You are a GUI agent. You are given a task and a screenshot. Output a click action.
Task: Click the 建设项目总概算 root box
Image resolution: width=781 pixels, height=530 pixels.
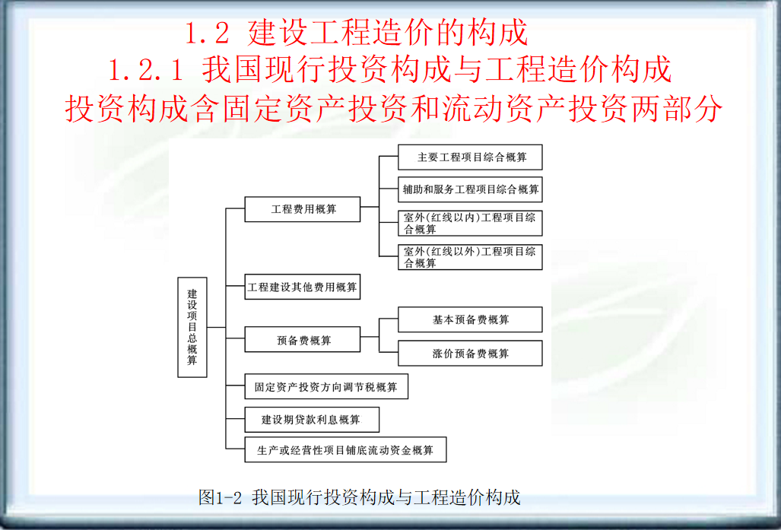pyautogui.click(x=192, y=327)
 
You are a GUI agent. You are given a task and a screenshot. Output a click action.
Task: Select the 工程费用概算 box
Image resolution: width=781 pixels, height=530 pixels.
pyautogui.click(x=302, y=208)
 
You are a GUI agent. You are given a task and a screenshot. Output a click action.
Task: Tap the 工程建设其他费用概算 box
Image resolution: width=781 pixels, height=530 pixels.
pyautogui.click(x=302, y=287)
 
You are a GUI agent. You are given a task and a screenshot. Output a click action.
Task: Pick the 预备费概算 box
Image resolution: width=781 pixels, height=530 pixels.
pyautogui.click(x=302, y=339)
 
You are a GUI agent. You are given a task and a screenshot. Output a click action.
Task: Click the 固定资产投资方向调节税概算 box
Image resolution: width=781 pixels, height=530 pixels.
pyautogui.click(x=325, y=386)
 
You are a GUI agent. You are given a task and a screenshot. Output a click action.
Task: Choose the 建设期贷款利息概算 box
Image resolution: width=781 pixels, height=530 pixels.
pyautogui.click(x=311, y=419)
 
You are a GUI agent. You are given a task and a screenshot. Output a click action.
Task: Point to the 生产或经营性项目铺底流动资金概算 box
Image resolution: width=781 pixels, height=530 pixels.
pyautogui.click(x=344, y=449)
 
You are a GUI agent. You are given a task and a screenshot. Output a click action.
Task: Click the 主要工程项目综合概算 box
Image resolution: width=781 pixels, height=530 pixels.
pyautogui.click(x=470, y=157)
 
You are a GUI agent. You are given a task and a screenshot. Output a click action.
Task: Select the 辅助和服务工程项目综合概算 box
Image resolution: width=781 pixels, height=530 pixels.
pyautogui.click(x=470, y=189)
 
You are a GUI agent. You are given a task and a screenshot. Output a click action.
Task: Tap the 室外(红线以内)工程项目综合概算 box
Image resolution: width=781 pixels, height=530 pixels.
pyautogui.click(x=470, y=223)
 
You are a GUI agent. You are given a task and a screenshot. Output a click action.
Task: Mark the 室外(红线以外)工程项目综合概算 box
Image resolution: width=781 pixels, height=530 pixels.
pyautogui.click(x=470, y=257)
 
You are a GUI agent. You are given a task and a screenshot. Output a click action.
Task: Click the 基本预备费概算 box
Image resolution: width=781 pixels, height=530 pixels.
pyautogui.click(x=470, y=319)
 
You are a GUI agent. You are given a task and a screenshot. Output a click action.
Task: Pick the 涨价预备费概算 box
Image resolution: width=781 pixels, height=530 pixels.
pyautogui.click(x=470, y=353)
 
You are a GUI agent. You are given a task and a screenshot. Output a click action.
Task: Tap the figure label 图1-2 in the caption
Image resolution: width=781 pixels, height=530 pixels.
pyautogui.click(x=220, y=498)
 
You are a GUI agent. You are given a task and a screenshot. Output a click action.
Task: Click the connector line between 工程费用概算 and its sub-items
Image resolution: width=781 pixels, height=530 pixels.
pyautogui.click(x=370, y=206)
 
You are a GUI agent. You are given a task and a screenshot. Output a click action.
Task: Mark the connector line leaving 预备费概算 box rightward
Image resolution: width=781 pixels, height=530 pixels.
pyautogui.click(x=370, y=336)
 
